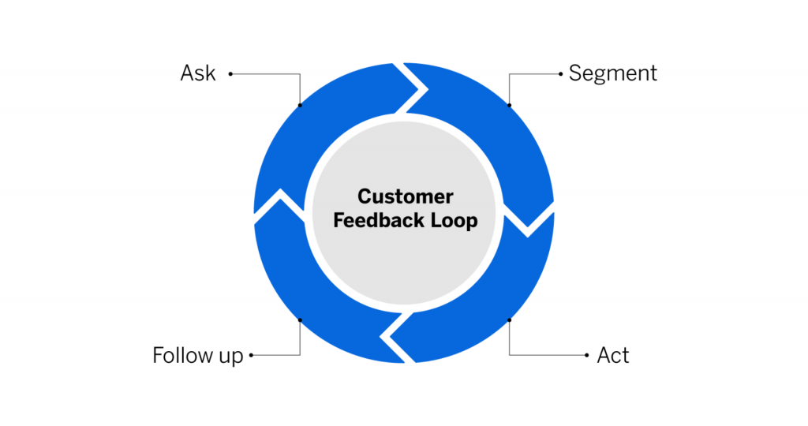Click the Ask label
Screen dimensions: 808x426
[x=198, y=73]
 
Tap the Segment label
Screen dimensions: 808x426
[x=612, y=73]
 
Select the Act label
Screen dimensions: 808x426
[x=613, y=355]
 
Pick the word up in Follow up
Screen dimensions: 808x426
[x=231, y=357]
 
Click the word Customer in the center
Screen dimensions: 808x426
[x=406, y=196]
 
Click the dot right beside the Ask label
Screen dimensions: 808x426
[x=230, y=74]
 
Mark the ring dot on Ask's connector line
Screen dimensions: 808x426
[x=300, y=106]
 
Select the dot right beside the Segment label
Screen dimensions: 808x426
[x=561, y=74]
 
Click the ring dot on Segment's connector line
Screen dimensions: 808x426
[x=510, y=106]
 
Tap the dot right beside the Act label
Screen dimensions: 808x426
[x=587, y=355]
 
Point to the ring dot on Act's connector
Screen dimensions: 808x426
[x=510, y=319]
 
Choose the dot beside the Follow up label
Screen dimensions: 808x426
[x=251, y=355]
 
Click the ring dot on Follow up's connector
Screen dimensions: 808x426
[x=300, y=319]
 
